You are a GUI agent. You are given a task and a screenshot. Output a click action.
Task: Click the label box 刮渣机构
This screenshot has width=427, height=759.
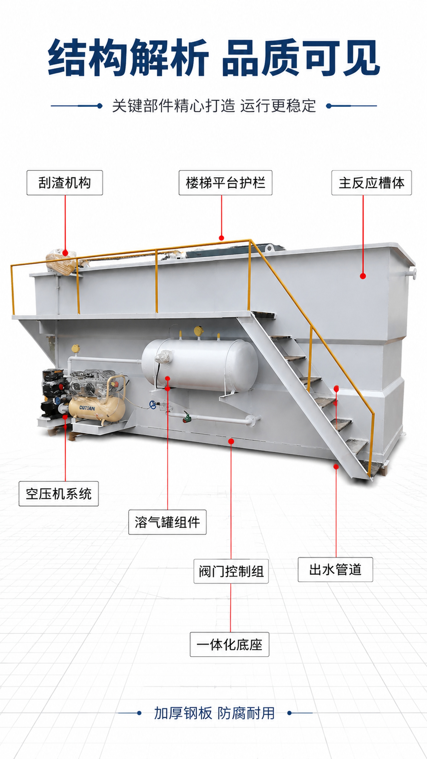click(x=65, y=183)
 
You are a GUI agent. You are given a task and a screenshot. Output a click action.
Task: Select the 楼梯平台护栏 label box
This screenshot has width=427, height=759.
click(x=225, y=183)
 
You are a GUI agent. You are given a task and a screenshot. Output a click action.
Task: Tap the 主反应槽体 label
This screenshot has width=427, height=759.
click(x=372, y=183)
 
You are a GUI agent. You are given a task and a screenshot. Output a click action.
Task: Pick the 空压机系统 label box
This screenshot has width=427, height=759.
click(x=59, y=494)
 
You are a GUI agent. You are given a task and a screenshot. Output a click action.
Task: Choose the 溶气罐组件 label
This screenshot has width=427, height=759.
click(x=167, y=522)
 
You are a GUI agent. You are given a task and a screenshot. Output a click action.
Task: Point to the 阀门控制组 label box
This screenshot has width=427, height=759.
click(x=231, y=571)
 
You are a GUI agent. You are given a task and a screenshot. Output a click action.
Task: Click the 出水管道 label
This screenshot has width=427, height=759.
click(x=335, y=569)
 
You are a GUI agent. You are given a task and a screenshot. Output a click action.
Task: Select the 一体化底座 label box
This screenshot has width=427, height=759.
click(x=230, y=644)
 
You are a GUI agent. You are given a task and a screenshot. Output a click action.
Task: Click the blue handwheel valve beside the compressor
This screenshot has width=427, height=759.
click(x=153, y=405)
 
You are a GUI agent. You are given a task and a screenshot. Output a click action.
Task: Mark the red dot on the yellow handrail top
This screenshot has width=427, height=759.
click(x=222, y=238)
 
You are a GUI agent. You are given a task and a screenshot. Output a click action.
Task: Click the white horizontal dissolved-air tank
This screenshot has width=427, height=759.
click(x=200, y=365)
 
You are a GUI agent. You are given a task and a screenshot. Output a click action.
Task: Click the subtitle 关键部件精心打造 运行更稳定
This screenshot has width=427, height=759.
click(x=214, y=106)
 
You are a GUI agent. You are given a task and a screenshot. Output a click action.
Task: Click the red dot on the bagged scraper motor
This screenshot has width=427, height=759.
click(x=65, y=253)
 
